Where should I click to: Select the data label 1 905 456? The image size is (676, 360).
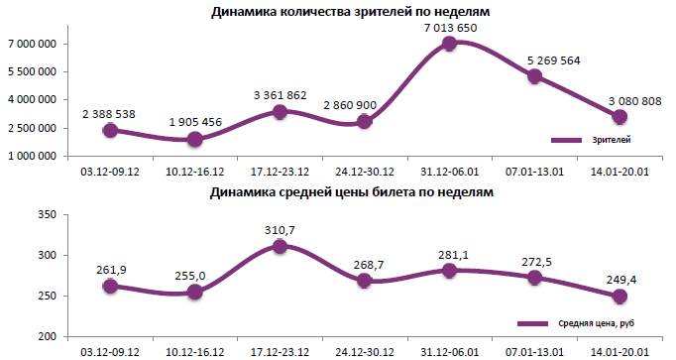[195, 121]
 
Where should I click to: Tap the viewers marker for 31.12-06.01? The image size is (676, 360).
[449, 44]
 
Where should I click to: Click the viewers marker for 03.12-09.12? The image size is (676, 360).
[110, 130]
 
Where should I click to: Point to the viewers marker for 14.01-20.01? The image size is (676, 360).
[620, 117]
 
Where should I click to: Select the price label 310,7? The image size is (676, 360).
[280, 229]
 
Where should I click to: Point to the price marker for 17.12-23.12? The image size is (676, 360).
[280, 246]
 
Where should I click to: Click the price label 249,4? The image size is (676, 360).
[620, 280]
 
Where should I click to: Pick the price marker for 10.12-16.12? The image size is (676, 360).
[195, 292]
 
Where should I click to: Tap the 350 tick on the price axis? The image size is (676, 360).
[51, 214]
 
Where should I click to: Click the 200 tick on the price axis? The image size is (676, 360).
[51, 337]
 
